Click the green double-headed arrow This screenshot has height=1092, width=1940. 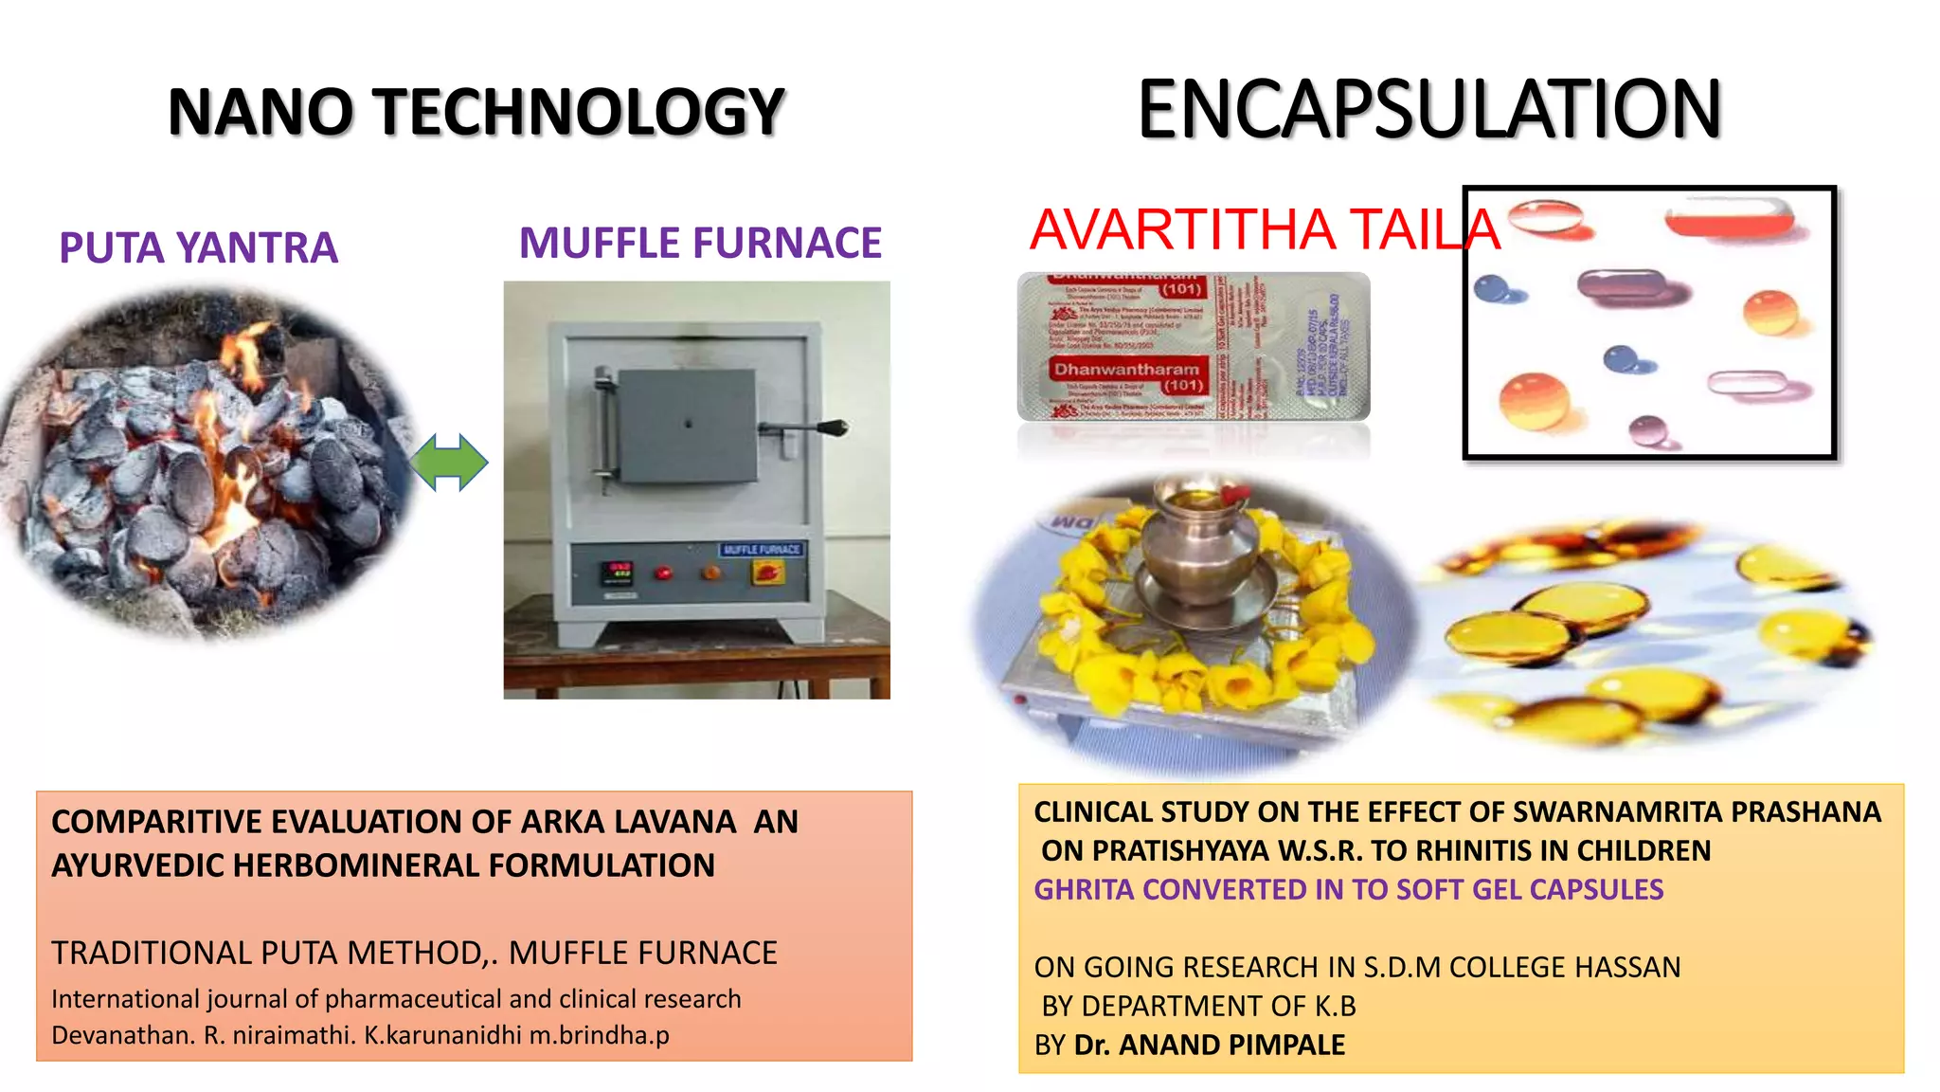(x=449, y=463)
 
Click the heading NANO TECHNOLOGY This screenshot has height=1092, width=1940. (x=476, y=112)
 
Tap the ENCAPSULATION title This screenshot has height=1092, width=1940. (x=1428, y=110)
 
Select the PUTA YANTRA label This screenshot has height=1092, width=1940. (x=198, y=248)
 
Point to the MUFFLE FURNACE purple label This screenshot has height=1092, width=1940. (x=700, y=244)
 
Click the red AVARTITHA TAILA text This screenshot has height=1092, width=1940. (x=1265, y=229)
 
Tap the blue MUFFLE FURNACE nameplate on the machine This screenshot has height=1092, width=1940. (x=761, y=550)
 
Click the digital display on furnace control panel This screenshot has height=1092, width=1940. (x=619, y=573)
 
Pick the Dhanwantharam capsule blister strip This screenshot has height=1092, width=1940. (x=1193, y=347)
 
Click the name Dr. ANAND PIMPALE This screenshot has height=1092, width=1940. (x=1209, y=1045)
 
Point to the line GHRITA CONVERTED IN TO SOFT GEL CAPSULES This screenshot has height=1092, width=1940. (x=1348, y=889)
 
